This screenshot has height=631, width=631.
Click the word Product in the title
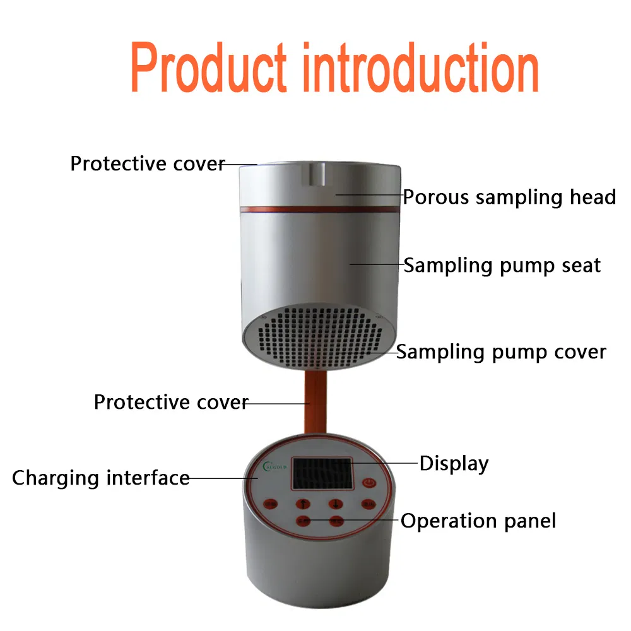coord(208,68)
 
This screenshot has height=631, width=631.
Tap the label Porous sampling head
coord(509,197)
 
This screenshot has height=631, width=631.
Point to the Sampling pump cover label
coord(501,351)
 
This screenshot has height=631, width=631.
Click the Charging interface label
coord(101,478)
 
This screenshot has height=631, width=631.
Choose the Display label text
coord(454,464)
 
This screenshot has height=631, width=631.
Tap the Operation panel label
coord(478,521)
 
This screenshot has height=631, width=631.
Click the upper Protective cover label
coord(148,164)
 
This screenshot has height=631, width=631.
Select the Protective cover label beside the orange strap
coord(171,402)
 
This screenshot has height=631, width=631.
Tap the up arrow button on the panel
coord(302,504)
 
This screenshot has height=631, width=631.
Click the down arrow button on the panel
coord(335,504)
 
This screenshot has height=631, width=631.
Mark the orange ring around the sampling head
coord(319,206)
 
